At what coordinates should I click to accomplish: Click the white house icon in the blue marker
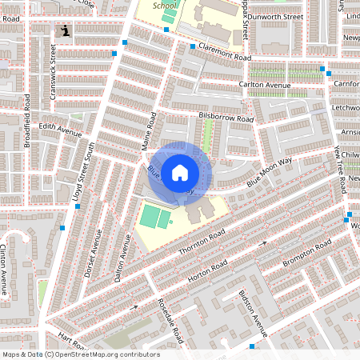180,171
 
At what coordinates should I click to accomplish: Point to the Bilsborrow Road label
225,118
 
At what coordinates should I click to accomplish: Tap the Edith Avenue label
61,130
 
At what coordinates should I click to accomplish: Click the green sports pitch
154,216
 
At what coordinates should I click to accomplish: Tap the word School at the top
165,5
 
